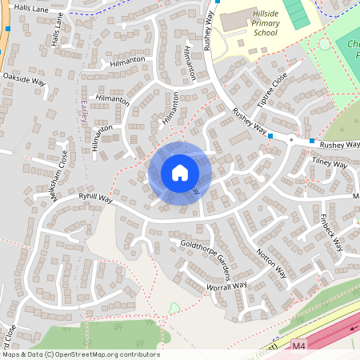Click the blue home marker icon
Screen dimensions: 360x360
tap(180, 172)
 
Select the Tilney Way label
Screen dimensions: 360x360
tap(330, 165)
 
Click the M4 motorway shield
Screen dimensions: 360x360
tap(298, 346)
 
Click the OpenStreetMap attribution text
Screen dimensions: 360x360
tap(80, 354)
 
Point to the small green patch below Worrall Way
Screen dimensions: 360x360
tap(175, 308)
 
